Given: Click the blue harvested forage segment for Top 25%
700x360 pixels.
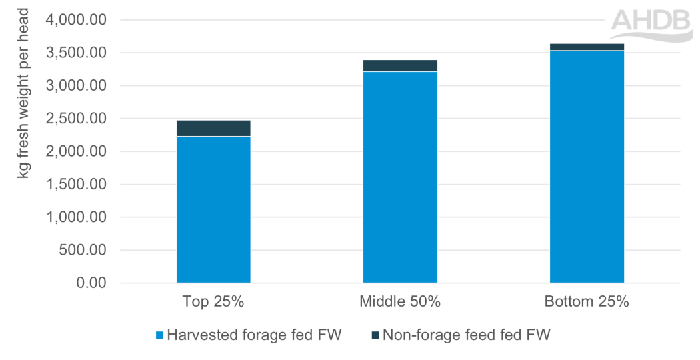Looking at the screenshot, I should click(x=213, y=210).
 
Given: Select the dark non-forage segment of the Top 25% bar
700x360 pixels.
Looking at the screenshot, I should click(x=213, y=128).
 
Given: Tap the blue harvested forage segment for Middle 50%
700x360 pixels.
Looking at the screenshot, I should click(x=400, y=177).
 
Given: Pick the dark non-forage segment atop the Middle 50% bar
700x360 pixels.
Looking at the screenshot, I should click(x=400, y=65).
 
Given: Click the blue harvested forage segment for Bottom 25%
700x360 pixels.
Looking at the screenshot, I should click(x=587, y=167).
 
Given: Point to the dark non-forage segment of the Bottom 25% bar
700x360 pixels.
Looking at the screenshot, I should click(x=587, y=47).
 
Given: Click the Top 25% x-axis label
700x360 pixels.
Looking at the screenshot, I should click(x=213, y=301).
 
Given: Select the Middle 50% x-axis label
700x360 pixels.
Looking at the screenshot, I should click(x=400, y=301).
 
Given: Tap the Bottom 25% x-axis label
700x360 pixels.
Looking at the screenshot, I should click(x=587, y=301).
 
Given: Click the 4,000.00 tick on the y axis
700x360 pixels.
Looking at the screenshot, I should click(x=75, y=20).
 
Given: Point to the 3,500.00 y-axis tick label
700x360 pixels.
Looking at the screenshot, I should click(x=75, y=53).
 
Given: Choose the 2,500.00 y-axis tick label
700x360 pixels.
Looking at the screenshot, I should click(x=75, y=119).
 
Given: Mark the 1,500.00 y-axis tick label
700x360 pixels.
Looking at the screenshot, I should click(x=75, y=185).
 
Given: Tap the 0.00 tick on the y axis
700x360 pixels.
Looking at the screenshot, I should click(x=91, y=283).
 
